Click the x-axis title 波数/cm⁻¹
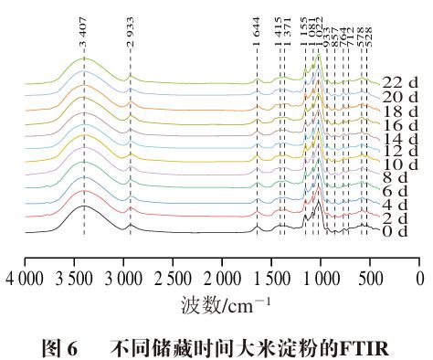click(222, 299)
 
